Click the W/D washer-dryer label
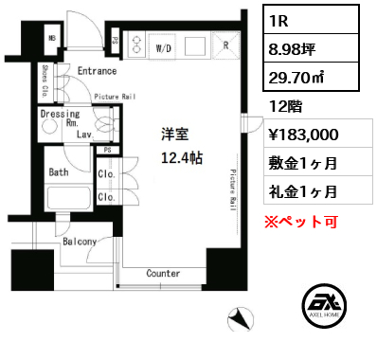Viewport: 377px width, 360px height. click(163, 48)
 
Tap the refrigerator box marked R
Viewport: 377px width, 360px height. click(225, 45)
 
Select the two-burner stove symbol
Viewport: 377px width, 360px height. click(136, 45)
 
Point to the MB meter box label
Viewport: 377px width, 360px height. click(52, 38)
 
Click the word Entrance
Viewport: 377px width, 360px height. click(97, 71)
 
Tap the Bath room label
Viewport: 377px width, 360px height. click(59, 172)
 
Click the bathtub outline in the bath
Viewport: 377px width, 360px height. click(68, 198)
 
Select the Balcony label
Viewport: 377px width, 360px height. click(80, 242)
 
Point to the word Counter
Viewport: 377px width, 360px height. click(163, 273)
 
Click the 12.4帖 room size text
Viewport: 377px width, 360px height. click(182, 157)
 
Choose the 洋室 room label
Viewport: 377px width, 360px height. click(174, 135)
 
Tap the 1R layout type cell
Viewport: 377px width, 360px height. click(311, 20)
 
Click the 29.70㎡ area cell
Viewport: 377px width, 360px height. click(311, 77)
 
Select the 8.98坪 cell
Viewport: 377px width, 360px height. click(311, 48)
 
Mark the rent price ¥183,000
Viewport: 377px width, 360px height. click(303, 135)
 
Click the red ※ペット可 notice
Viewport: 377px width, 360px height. click(301, 222)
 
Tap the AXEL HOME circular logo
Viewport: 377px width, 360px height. click(324, 306)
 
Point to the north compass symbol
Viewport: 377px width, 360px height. click(241, 319)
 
